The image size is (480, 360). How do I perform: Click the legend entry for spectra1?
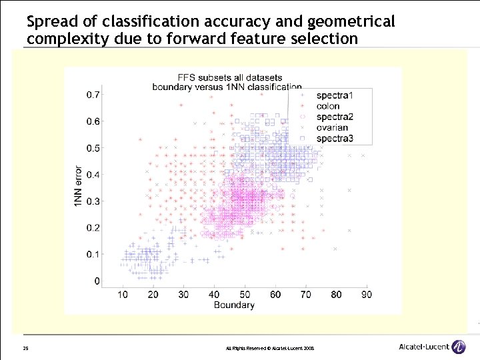tap(335, 96)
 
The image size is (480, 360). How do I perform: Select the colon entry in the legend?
tap(328, 107)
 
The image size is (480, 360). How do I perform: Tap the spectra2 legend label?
tap(335, 117)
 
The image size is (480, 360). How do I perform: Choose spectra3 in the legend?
tap(335, 139)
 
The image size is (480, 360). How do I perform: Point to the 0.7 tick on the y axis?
tap(94, 95)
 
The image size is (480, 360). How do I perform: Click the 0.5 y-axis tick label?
tap(94, 148)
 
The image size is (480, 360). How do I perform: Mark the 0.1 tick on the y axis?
tap(94, 255)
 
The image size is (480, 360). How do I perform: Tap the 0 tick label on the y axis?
tap(98, 281)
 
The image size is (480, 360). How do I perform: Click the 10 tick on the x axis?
tap(123, 294)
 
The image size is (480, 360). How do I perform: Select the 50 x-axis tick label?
tap(245, 294)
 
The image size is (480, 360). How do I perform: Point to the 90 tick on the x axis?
tap(367, 294)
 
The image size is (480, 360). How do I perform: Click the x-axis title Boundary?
tap(234, 305)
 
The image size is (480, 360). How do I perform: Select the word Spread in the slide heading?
tap(49, 22)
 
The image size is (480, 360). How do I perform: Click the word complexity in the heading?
tap(62, 39)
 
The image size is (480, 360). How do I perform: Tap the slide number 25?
tap(25, 348)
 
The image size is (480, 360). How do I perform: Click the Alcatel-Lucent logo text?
tap(423, 347)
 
